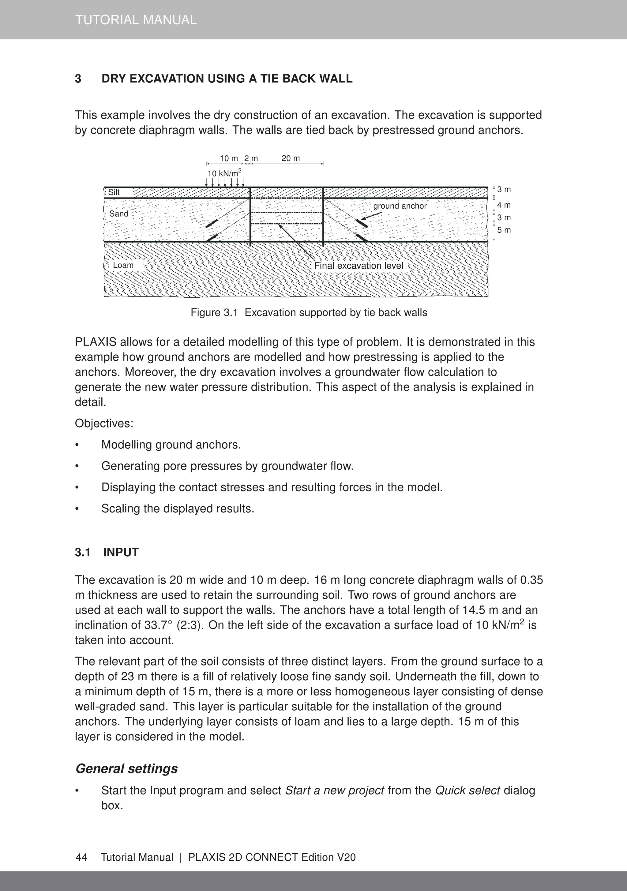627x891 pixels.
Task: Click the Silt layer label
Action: [x=114, y=192]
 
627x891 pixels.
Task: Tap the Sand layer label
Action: [x=118, y=214]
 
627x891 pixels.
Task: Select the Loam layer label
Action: [x=123, y=266]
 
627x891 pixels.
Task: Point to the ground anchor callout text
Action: [x=400, y=206]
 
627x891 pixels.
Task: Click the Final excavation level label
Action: [x=359, y=266]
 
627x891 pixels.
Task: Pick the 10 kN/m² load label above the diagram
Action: [x=224, y=173]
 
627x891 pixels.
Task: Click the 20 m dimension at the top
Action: [x=291, y=158]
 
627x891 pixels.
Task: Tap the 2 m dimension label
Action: [x=251, y=158]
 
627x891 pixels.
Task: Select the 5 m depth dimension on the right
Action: [x=504, y=230]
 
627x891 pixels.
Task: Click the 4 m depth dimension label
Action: [x=504, y=205]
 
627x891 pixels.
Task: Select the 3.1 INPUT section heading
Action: [x=107, y=552]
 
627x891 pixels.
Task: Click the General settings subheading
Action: [x=126, y=769]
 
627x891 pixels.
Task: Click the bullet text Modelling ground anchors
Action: [x=171, y=445]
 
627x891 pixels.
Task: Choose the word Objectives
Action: [x=103, y=423]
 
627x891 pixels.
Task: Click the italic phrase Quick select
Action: [x=467, y=791]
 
